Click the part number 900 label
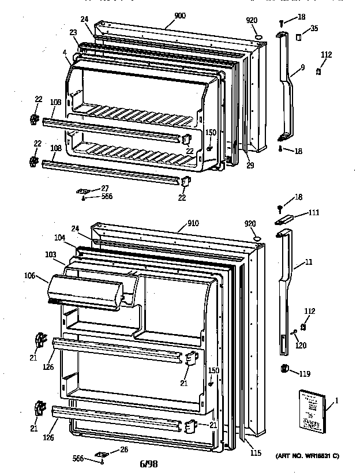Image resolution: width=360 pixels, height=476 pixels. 180,16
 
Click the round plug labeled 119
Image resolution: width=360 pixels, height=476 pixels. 284,370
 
